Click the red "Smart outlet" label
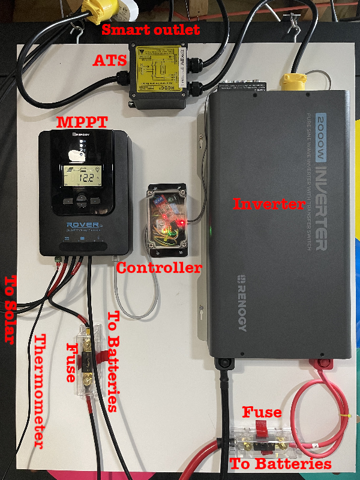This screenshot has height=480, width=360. click(151, 29)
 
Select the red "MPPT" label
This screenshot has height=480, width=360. click(82, 123)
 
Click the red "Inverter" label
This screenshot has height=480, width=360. click(269, 204)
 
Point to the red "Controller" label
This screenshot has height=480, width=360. click(159, 268)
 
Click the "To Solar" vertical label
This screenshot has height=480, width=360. click(10, 309)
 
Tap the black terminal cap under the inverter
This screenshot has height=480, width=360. click(226, 363)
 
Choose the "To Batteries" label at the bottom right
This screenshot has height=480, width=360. click(281, 464)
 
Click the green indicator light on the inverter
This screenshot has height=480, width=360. click(211, 229)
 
